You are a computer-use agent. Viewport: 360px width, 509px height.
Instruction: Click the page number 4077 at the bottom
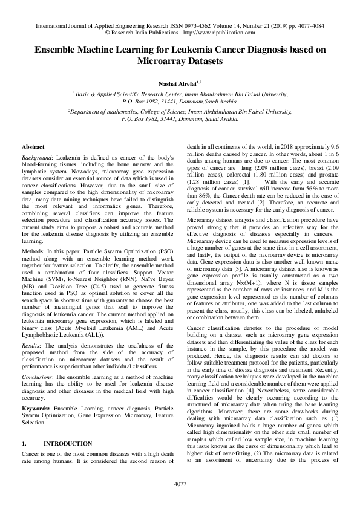tap(180, 484)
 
